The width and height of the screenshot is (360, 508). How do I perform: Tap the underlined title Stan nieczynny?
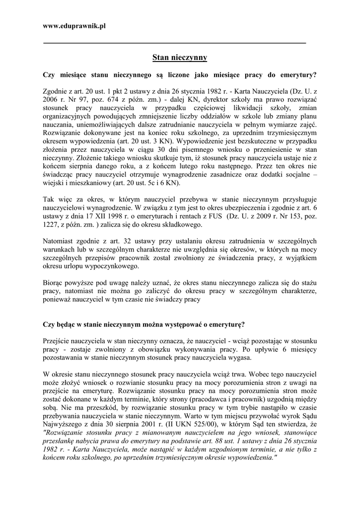pos(179,58)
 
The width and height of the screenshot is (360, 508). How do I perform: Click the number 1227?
pos(53,225)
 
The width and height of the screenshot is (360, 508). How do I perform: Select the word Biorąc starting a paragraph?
pos(54,282)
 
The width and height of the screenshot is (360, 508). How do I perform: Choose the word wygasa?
pos(240,357)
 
